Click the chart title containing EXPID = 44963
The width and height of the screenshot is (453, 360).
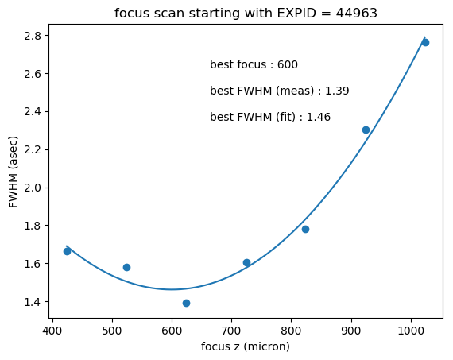[x=246, y=14]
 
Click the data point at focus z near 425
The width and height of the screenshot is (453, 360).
[x=67, y=252]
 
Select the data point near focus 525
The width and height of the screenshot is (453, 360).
[x=126, y=267]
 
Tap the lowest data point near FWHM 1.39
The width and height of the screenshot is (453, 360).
[x=186, y=303]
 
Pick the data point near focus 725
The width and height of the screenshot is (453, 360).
[x=246, y=262]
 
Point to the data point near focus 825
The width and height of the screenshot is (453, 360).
[x=305, y=230]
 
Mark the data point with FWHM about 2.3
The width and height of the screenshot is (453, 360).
[x=366, y=130]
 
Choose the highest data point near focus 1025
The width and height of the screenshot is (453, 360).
[x=425, y=43]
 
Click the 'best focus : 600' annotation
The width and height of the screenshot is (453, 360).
[x=254, y=64]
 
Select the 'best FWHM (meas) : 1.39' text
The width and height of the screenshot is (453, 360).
[x=280, y=91]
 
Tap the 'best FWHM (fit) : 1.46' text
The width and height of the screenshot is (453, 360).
[x=270, y=118]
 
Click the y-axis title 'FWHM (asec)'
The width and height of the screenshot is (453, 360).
[x=13, y=172]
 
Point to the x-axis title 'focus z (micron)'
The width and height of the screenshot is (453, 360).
[x=246, y=346]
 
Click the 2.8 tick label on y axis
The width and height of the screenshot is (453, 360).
[x=32, y=36]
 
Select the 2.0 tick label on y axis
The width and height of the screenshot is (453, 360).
[x=32, y=188]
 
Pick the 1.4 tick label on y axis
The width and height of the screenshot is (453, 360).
[x=32, y=302]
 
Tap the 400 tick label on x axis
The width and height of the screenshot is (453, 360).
[x=52, y=331]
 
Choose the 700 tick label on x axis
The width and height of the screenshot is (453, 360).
[x=231, y=331]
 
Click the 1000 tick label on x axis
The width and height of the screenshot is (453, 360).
[x=411, y=331]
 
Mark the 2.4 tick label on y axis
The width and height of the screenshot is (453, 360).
[x=32, y=112]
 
